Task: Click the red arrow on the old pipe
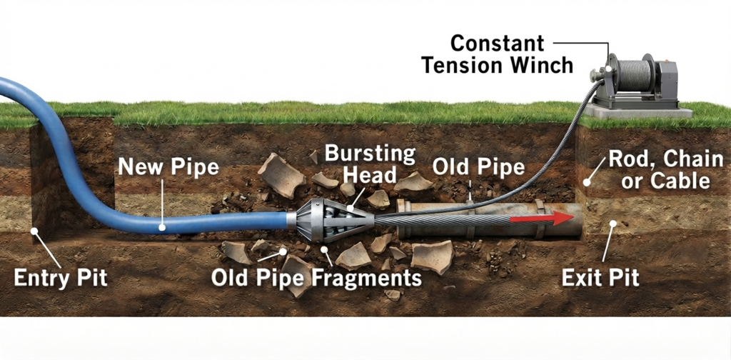pyautogui.click(x=541, y=219)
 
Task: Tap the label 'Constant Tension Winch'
pyautogui.click(x=497, y=54)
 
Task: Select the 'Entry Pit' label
pyautogui.click(x=61, y=279)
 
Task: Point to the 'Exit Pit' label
pyautogui.click(x=600, y=279)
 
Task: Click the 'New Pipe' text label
pyautogui.click(x=168, y=166)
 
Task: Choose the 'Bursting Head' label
pyautogui.click(x=370, y=164)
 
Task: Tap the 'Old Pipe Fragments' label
pyautogui.click(x=316, y=279)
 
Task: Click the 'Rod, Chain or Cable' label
pyautogui.click(x=666, y=170)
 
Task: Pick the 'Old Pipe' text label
pyautogui.click(x=478, y=167)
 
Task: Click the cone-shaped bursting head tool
pyautogui.click(x=333, y=219)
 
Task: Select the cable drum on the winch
pyautogui.click(x=632, y=74)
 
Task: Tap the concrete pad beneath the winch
pyautogui.click(x=638, y=111)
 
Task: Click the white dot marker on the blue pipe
pyautogui.click(x=162, y=228)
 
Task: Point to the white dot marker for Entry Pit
pyautogui.click(x=34, y=231)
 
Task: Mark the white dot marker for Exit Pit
pyautogui.click(x=613, y=224)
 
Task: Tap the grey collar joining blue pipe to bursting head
pyautogui.click(x=291, y=219)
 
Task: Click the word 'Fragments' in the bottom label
pyautogui.click(x=366, y=279)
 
